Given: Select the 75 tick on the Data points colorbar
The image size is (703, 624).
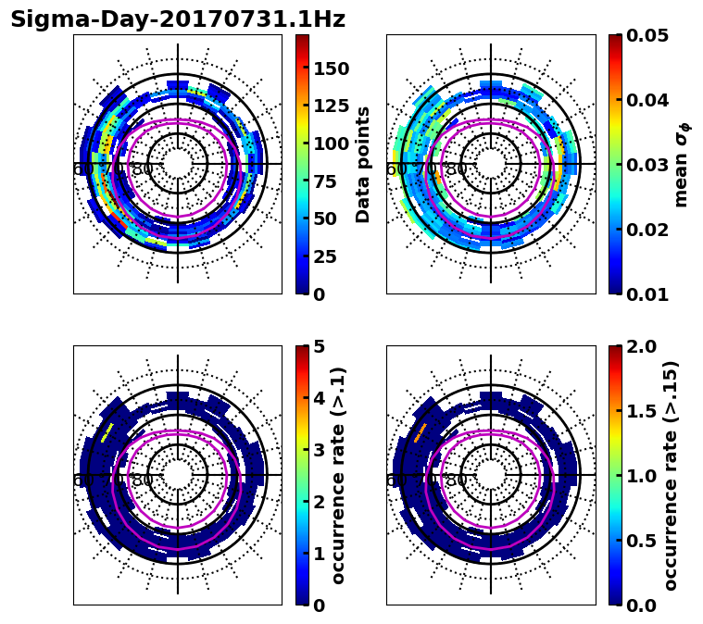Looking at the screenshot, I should [x=325, y=181].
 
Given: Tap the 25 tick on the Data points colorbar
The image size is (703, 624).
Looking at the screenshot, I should [x=325, y=256].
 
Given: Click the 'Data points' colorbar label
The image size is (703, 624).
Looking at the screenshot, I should [x=363, y=164].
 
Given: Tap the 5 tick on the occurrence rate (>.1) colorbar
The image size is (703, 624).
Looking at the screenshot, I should [x=320, y=347].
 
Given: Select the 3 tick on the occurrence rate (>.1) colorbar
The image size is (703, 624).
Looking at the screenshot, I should [x=320, y=450].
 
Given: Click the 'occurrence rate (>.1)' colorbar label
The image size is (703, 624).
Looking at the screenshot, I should [x=339, y=475].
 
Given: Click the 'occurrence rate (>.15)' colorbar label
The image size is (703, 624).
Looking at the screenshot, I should [x=671, y=475].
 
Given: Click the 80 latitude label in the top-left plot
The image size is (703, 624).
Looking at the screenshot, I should [x=143, y=169].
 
